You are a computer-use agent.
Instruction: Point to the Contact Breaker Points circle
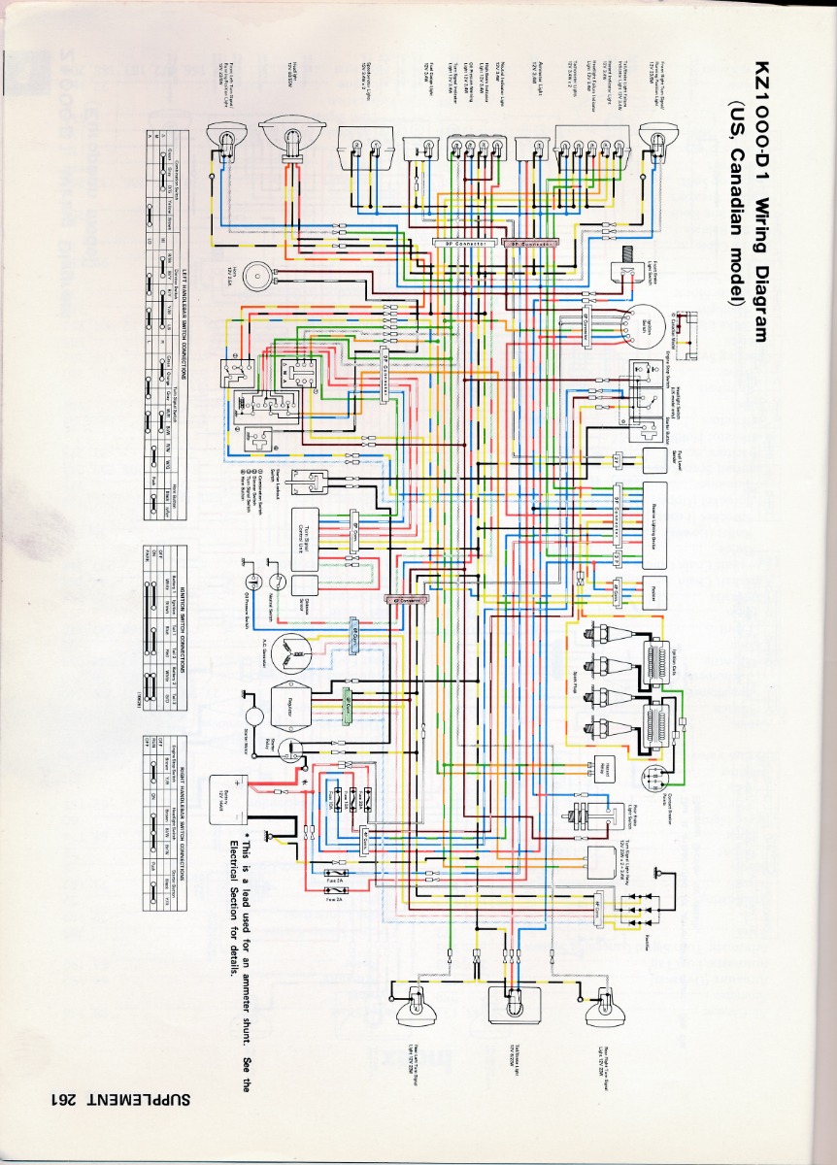point(657,776)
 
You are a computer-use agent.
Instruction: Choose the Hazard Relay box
point(599,767)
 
